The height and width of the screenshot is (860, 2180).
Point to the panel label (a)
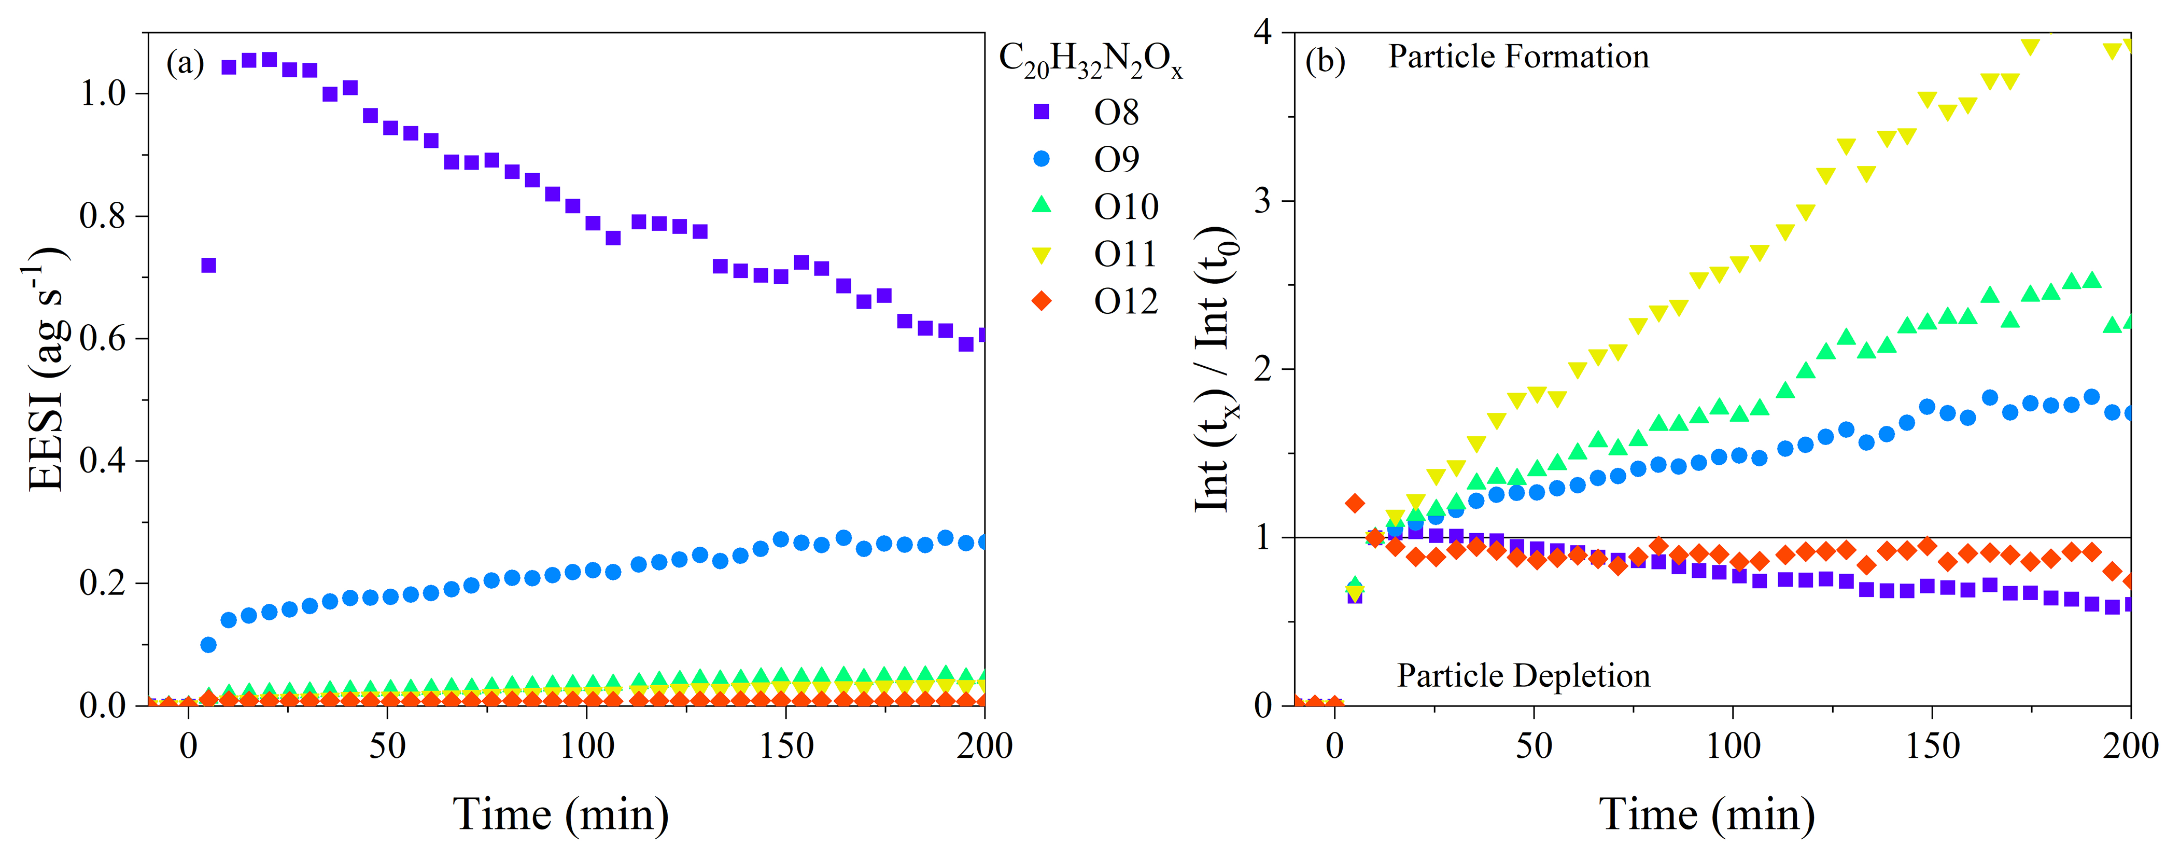[185, 63]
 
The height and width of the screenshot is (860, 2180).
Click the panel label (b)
[1325, 61]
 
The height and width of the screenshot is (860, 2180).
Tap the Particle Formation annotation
[1518, 57]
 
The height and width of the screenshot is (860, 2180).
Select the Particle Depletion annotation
[1523, 675]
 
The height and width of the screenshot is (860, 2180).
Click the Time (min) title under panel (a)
[561, 814]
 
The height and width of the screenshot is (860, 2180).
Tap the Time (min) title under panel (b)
[1706, 814]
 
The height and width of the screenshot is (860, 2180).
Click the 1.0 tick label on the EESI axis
[103, 94]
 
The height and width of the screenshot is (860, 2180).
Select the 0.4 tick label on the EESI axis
[103, 461]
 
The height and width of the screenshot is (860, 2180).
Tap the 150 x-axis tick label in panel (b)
[1932, 746]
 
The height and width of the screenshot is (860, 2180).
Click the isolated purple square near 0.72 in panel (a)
[208, 266]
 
